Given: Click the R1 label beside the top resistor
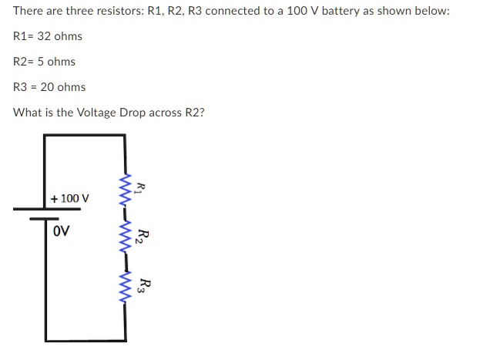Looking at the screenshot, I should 139,188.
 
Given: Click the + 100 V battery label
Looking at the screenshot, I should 70,198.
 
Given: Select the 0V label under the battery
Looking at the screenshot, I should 62,230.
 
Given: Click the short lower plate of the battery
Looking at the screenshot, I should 44,218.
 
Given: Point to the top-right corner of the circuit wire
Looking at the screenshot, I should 124,136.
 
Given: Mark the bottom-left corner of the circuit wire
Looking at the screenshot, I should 45,340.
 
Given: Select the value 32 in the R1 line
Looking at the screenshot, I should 43,36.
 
